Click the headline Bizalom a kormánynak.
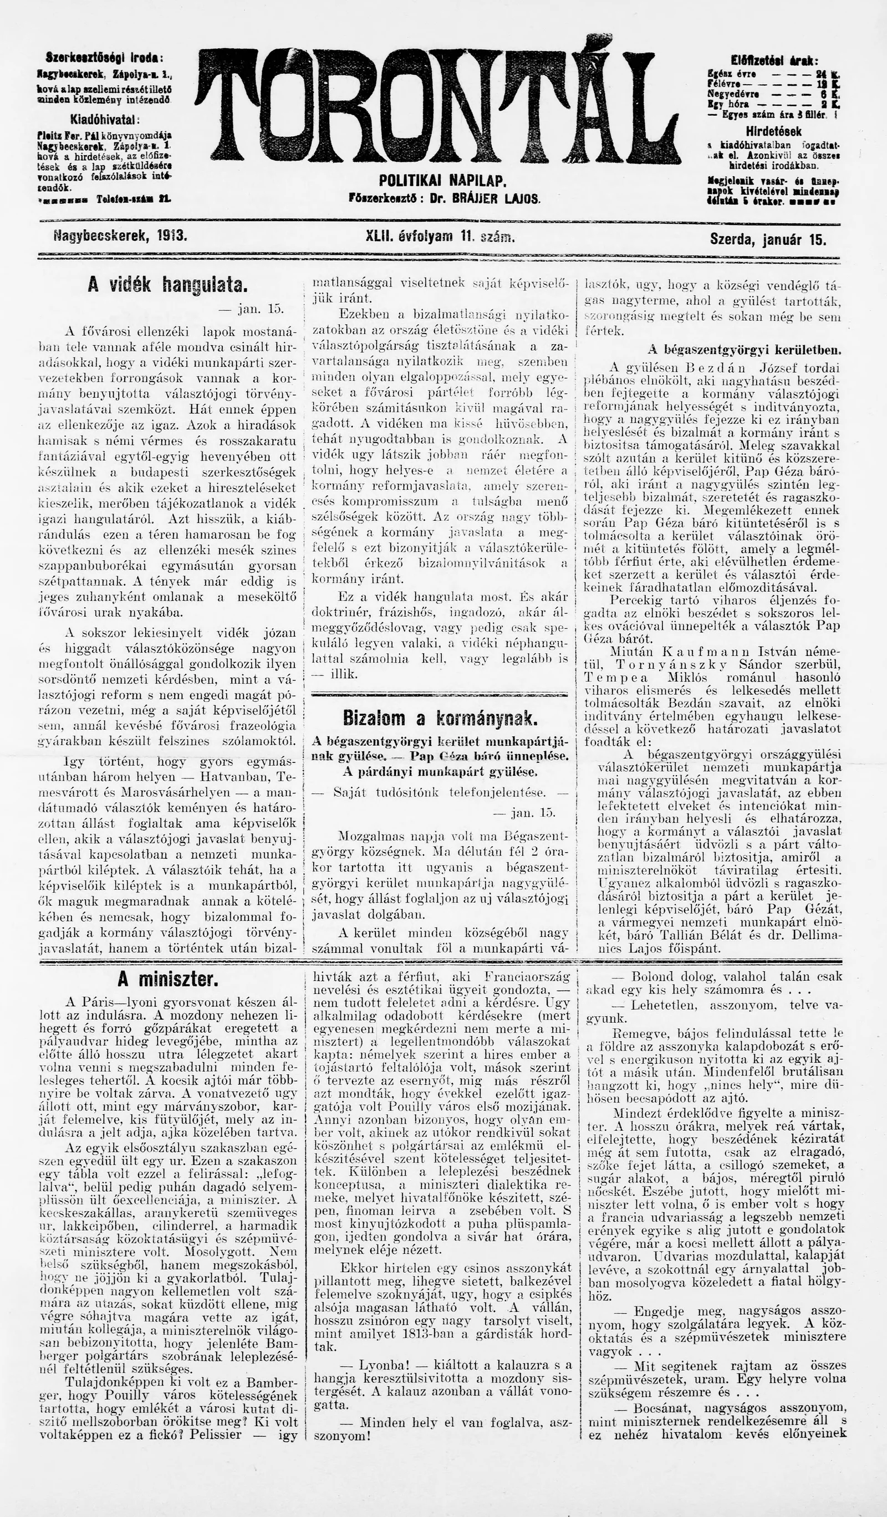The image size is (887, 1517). (440, 718)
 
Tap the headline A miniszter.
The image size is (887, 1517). (168, 980)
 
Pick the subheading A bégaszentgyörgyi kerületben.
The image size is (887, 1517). (745, 350)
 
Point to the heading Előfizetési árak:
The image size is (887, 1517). (774, 61)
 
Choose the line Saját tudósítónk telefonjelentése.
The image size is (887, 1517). (440, 792)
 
